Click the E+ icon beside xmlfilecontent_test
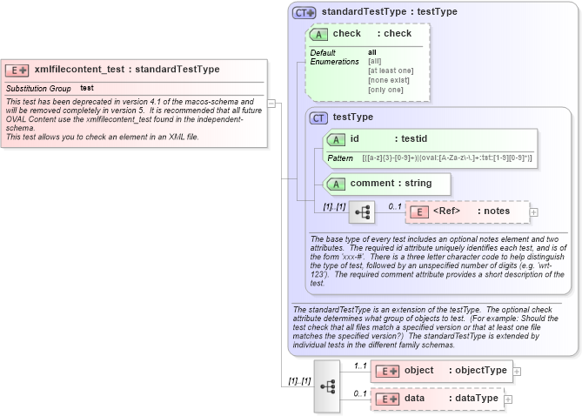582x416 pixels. (x=17, y=70)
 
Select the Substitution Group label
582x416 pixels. (x=38, y=89)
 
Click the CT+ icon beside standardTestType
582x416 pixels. (x=304, y=12)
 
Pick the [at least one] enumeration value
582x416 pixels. (x=391, y=70)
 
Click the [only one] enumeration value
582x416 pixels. (x=385, y=90)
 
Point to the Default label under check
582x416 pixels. (x=323, y=52)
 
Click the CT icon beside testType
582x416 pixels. (x=319, y=117)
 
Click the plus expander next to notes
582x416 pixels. (x=534, y=211)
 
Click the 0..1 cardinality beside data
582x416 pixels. (x=358, y=394)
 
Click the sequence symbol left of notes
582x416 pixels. (x=361, y=211)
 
